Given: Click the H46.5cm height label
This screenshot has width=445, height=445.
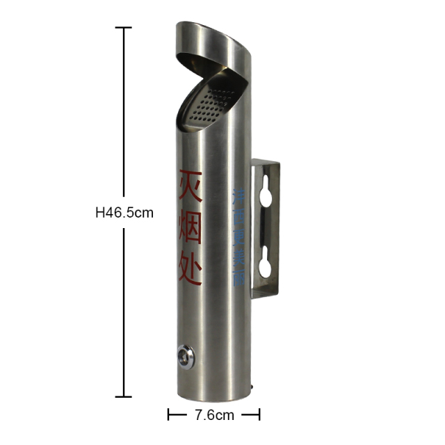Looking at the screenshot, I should pos(124,213).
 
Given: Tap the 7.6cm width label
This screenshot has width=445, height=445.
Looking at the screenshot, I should pos(214,415).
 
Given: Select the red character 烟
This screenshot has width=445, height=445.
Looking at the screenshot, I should pos(190,229).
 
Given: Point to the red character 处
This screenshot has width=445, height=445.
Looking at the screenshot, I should pos(189,272).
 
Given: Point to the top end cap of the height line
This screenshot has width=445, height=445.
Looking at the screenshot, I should pos(124,28).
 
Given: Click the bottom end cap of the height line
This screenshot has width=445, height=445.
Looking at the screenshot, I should pos(124,397).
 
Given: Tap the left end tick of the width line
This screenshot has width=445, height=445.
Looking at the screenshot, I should pos(169,415).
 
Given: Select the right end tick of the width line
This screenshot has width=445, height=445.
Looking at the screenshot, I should pos(259,415).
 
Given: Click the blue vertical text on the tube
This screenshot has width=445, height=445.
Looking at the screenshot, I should pos(237,236).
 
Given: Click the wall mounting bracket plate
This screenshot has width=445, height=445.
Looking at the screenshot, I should pos(265,229).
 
